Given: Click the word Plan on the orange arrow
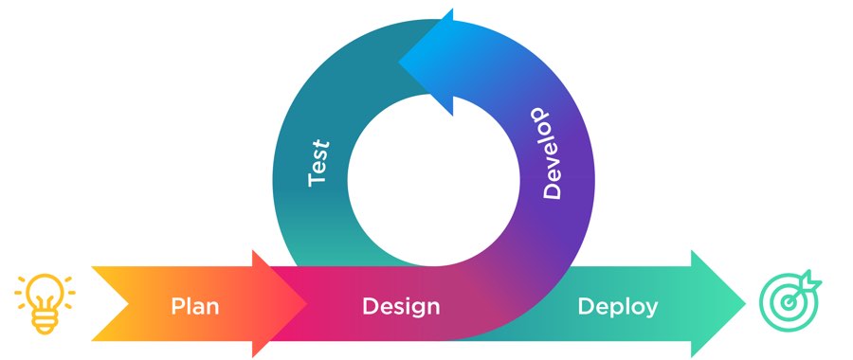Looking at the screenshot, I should coord(195,306).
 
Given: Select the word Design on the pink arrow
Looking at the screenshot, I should coord(401,306).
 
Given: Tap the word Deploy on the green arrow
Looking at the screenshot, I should coord(617,306).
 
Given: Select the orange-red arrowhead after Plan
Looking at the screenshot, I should coord(281,304).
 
